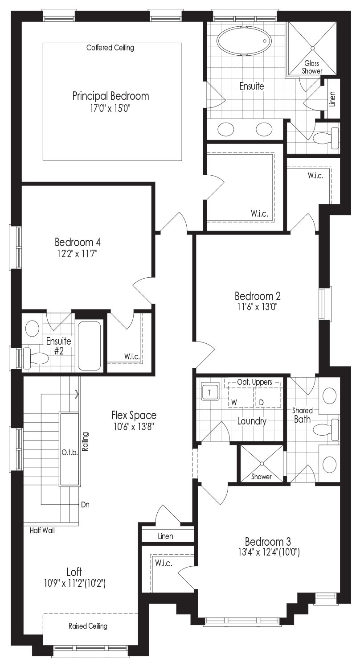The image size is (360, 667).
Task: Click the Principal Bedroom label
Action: [x=110, y=96]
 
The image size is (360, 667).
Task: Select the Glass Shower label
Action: [x=312, y=67]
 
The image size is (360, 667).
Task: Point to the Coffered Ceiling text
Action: [x=110, y=48]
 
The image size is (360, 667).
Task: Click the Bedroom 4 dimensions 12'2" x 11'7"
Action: [x=78, y=254]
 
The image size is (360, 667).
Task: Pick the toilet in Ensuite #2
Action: [x=36, y=358]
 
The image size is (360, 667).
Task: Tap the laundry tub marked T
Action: [x=209, y=392]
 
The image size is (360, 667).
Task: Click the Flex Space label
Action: [x=134, y=415]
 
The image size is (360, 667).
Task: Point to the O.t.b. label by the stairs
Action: [x=70, y=453]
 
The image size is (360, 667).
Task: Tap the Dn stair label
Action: [x=85, y=504]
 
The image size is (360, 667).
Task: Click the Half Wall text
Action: [x=42, y=530]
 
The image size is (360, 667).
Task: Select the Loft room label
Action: [x=74, y=572]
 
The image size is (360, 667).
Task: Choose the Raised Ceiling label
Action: [x=88, y=626]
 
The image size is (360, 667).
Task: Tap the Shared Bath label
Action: [x=302, y=415]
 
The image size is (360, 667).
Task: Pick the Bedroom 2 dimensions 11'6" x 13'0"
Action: [x=258, y=307]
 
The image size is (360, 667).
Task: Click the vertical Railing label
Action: [x=85, y=441]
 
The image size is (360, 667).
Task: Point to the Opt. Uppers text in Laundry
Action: [x=255, y=382]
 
